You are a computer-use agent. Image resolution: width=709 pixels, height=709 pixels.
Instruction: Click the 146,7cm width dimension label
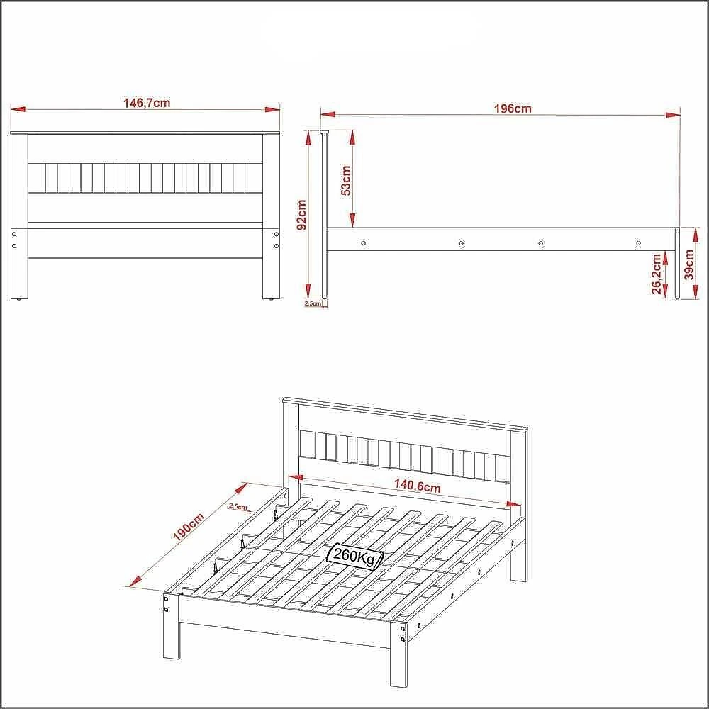point(147,103)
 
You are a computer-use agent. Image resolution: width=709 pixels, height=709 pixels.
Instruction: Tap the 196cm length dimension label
point(513,108)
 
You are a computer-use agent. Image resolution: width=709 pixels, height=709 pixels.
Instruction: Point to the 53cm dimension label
point(345,180)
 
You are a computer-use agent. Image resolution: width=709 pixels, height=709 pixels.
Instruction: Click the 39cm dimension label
point(688,265)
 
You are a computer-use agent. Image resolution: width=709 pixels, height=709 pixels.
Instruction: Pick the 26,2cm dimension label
point(657,274)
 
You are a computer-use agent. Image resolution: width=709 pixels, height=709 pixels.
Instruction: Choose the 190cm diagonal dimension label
point(189,527)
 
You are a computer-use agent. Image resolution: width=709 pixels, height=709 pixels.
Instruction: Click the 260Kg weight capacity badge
point(354,556)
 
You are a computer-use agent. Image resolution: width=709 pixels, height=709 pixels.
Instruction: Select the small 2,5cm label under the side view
point(313,303)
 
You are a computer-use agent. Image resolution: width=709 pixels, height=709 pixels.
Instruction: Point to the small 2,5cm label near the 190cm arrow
point(238,506)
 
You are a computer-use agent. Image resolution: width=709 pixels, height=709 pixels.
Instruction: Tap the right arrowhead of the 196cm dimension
point(673,115)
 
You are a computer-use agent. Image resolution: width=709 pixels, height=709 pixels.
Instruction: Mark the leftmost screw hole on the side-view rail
point(364,243)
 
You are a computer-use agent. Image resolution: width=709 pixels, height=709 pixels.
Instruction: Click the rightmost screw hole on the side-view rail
point(638,243)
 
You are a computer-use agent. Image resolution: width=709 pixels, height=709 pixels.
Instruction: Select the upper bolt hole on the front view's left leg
point(14,234)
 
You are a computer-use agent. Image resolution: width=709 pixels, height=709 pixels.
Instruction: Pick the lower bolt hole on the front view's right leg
point(277,246)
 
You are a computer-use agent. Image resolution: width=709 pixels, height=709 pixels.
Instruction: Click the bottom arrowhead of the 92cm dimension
point(308,291)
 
